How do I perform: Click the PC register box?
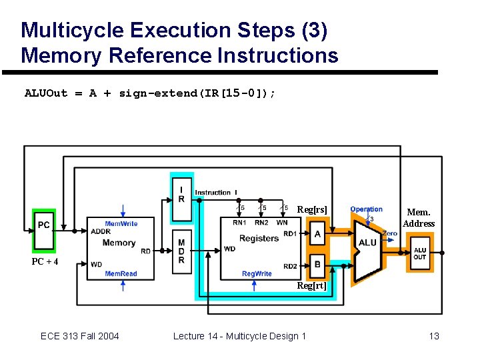click(x=44, y=225)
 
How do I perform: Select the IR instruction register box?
click(x=182, y=194)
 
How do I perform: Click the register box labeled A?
click(x=317, y=234)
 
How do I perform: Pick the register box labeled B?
click(x=317, y=265)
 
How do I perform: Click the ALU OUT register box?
click(x=420, y=254)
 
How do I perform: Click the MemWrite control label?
click(x=121, y=224)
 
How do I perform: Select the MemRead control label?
click(x=121, y=274)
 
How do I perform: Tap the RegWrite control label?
click(x=257, y=274)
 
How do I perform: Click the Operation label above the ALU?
click(x=366, y=209)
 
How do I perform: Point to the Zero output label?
click(x=391, y=233)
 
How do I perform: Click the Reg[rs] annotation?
click(x=312, y=210)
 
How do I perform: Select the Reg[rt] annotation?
click(x=312, y=285)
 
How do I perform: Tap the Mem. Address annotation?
click(x=419, y=218)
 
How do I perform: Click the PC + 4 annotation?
click(x=45, y=261)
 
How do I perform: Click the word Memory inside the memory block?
click(x=119, y=243)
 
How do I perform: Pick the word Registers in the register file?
click(x=259, y=238)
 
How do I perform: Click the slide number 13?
click(x=434, y=336)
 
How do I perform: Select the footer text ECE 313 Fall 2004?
click(x=79, y=336)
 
